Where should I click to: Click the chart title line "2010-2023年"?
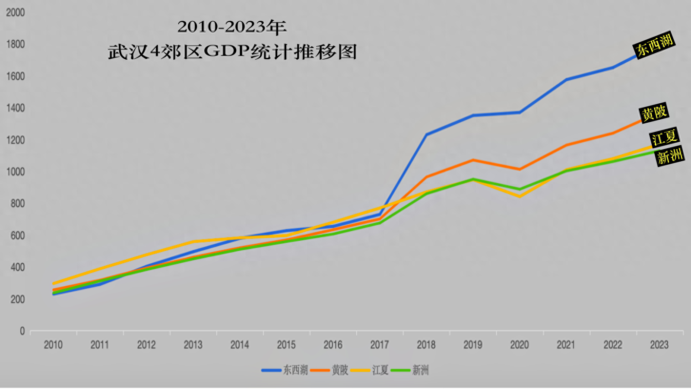(x=232, y=27)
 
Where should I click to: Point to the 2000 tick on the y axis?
(x=16, y=13)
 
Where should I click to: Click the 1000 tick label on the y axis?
(x=16, y=172)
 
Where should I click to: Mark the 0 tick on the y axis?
(x=22, y=331)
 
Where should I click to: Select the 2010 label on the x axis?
(x=53, y=345)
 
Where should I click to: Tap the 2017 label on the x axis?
(x=380, y=345)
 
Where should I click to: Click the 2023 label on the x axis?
(x=659, y=345)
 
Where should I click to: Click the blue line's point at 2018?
(x=426, y=135)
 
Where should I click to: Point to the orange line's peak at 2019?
(x=473, y=160)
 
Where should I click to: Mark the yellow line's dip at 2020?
(x=520, y=196)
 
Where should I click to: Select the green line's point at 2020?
(x=520, y=189)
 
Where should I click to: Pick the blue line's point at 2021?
(x=566, y=80)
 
